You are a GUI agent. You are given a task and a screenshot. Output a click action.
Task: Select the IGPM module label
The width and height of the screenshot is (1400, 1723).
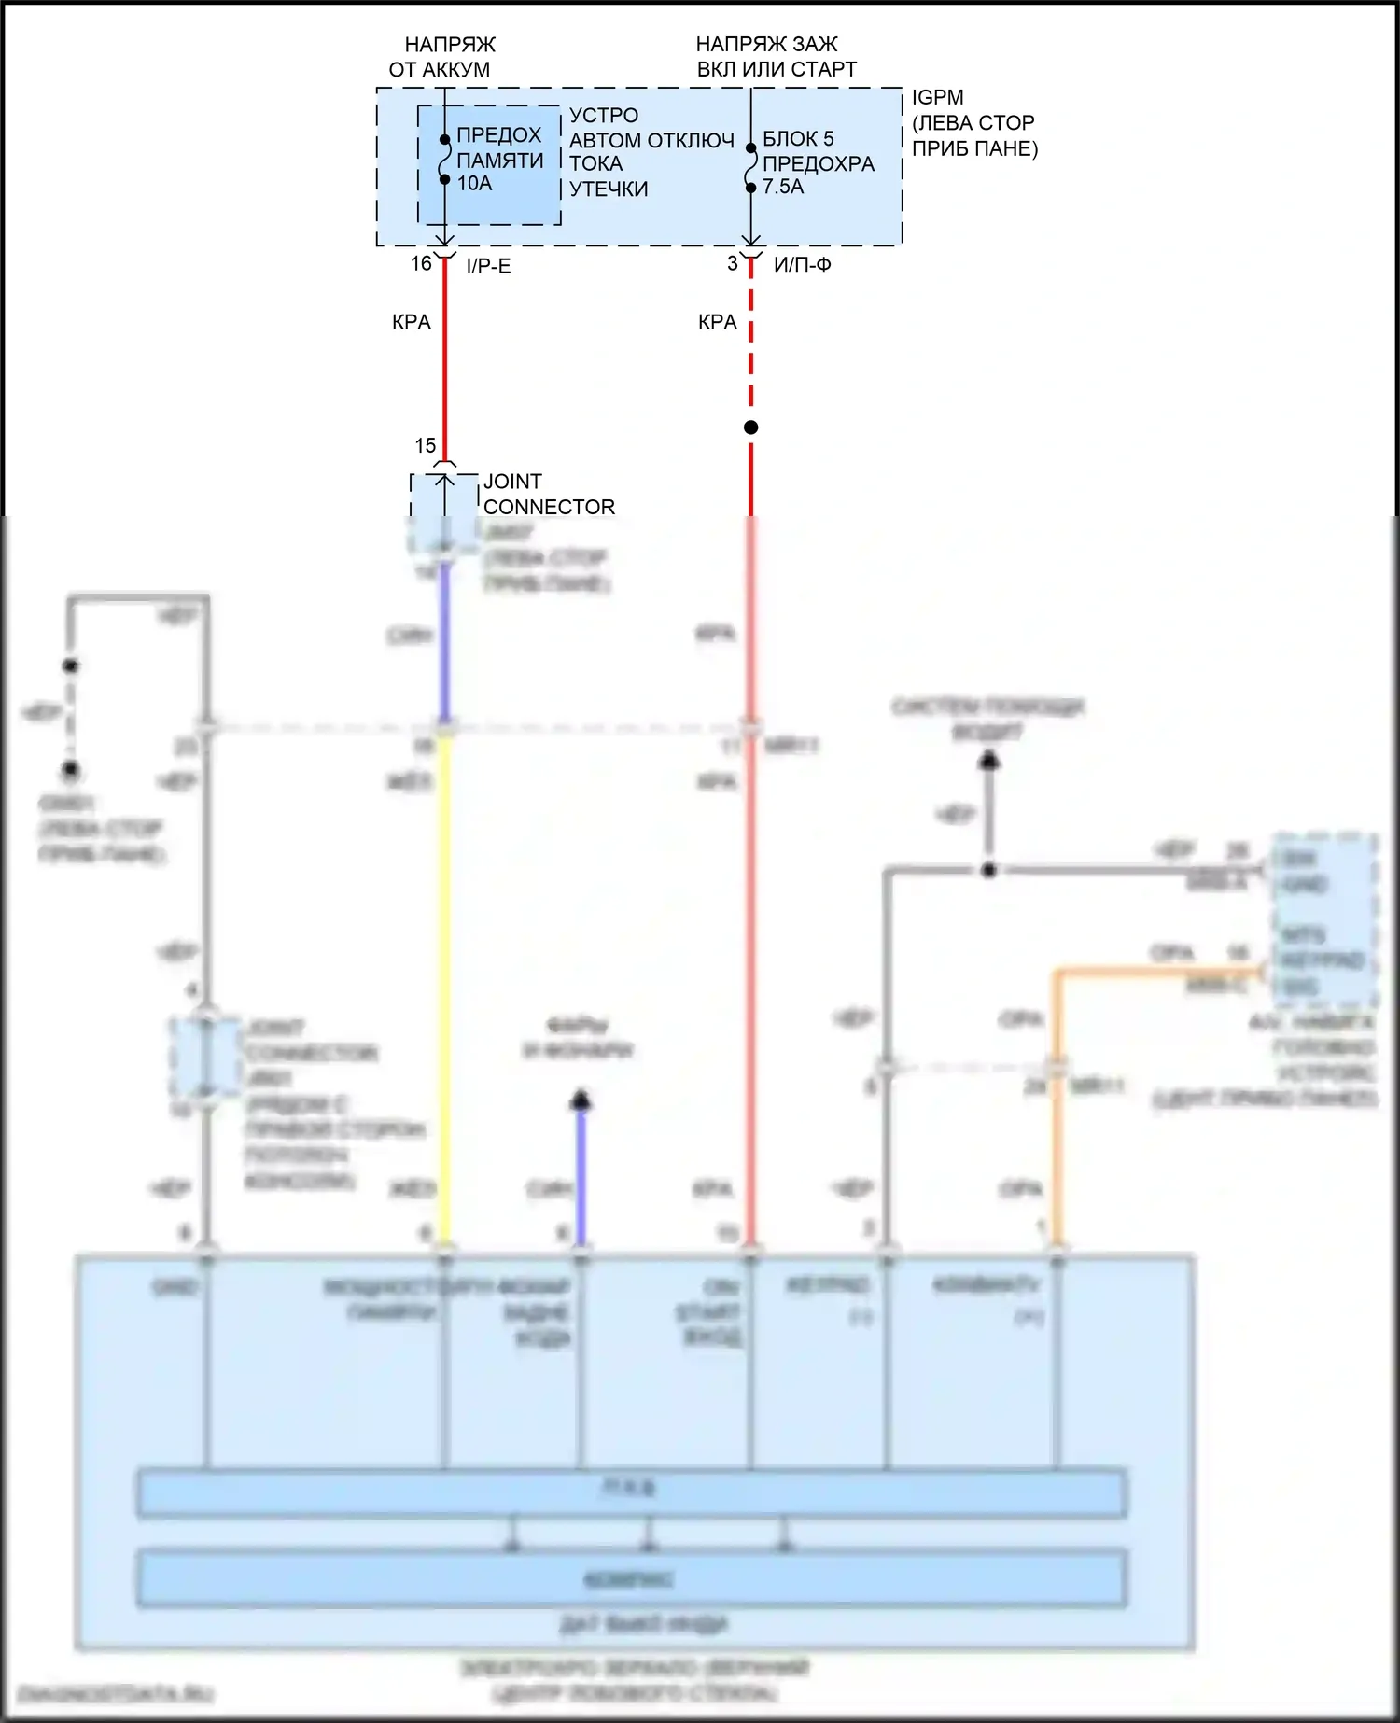(x=938, y=97)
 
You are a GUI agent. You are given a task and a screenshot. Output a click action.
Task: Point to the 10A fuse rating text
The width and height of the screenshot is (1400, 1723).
(x=474, y=184)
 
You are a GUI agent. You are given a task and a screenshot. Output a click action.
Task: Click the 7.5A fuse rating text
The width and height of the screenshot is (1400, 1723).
(x=783, y=187)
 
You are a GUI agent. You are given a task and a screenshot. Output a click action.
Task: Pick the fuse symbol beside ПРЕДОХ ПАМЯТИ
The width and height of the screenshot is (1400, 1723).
(x=445, y=160)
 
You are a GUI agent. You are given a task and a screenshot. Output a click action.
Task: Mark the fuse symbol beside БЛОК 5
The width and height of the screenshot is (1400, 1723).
(x=751, y=168)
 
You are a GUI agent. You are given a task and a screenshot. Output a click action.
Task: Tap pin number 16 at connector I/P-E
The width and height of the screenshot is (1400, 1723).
(x=422, y=264)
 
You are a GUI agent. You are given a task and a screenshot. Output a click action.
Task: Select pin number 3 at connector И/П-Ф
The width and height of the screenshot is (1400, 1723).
(x=733, y=264)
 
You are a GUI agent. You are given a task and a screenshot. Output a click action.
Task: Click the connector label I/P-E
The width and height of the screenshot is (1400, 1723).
(x=488, y=267)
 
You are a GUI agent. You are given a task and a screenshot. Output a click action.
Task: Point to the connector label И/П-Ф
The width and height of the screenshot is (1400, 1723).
(x=803, y=265)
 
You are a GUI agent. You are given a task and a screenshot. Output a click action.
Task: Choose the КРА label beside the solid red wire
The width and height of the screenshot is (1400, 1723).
(x=412, y=323)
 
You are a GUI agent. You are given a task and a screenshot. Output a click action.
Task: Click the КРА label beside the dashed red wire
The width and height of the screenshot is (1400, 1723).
(x=718, y=323)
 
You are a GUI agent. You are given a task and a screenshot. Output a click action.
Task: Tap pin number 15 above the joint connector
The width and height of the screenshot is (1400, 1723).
(x=426, y=446)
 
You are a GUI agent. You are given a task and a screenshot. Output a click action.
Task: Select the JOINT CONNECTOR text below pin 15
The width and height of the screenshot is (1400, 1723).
(x=549, y=495)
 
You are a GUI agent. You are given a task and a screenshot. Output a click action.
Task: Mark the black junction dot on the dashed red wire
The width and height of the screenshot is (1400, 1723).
(x=751, y=427)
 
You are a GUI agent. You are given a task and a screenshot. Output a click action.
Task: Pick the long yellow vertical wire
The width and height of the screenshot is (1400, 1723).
(x=445, y=980)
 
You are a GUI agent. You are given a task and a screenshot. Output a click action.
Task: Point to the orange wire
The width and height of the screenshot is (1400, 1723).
(x=1057, y=1101)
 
